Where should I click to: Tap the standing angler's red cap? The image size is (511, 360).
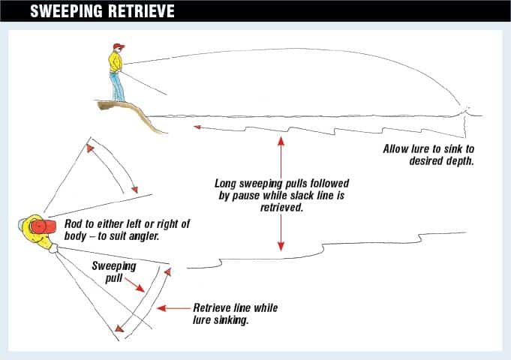(x=117, y=47)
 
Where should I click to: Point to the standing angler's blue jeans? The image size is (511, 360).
(x=118, y=87)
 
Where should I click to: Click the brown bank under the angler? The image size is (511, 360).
(x=135, y=112)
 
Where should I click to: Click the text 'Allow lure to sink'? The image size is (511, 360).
(x=428, y=148)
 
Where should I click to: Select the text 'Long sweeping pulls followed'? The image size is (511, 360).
(x=282, y=183)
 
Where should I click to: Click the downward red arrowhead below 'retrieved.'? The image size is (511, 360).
(x=281, y=247)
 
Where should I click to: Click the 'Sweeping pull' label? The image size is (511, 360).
(x=112, y=271)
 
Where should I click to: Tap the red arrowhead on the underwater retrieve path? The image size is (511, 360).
(x=197, y=127)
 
